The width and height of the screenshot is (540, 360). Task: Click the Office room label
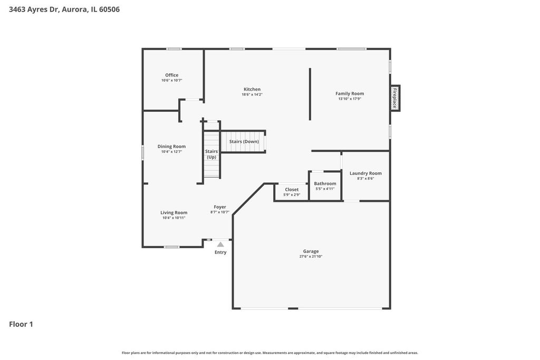click(x=171, y=75)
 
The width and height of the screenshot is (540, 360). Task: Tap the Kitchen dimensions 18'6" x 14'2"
click(x=252, y=94)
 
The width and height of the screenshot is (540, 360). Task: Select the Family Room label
click(x=350, y=93)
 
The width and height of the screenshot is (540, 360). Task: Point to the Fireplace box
click(x=395, y=98)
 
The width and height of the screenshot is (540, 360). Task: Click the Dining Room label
click(x=171, y=147)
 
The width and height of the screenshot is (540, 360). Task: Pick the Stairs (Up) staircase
click(x=211, y=154)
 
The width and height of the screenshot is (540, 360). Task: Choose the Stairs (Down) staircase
click(x=243, y=141)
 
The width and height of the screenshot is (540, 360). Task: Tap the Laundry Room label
click(x=365, y=173)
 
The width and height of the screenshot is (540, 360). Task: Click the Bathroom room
click(x=325, y=186)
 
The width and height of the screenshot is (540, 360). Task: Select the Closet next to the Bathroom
click(x=291, y=192)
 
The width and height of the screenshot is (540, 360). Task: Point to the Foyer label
click(x=220, y=207)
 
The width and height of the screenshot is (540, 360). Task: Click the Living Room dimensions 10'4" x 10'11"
click(x=174, y=218)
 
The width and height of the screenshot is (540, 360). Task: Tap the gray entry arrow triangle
click(x=220, y=245)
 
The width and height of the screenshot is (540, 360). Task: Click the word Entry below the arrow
click(x=220, y=252)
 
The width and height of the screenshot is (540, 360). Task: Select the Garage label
click(x=311, y=251)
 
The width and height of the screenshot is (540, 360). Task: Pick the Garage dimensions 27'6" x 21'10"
click(x=311, y=256)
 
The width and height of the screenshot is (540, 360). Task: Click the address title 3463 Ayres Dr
click(x=35, y=9)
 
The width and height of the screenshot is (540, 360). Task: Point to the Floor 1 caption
click(x=21, y=324)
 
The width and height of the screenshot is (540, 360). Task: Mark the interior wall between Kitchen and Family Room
click(x=310, y=94)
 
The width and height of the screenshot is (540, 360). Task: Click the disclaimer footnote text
click(x=269, y=353)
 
